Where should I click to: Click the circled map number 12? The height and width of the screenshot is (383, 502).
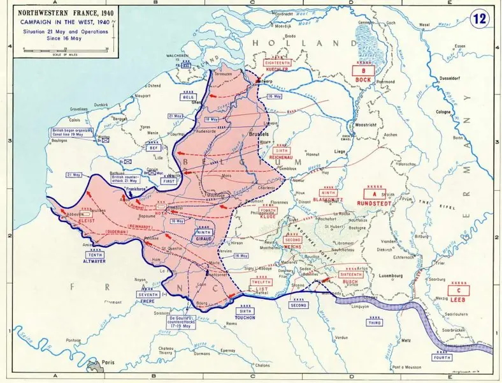click(x=480, y=19)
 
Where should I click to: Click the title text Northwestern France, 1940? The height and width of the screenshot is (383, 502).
click(x=58, y=11)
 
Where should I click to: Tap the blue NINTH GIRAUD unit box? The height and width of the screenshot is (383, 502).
click(x=203, y=236)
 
